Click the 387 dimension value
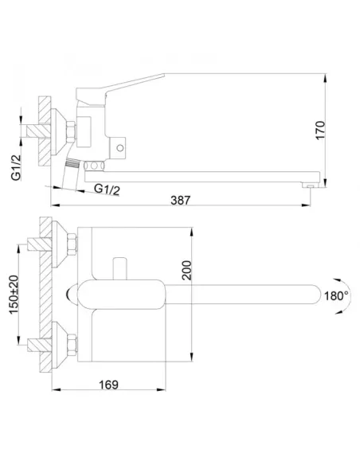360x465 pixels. [180, 200]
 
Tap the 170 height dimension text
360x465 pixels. [320, 130]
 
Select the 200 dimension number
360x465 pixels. [187, 270]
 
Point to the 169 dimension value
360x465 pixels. [108, 385]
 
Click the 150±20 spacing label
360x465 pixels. [14, 295]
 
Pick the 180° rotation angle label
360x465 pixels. [336, 295]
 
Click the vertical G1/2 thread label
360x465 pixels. [16, 167]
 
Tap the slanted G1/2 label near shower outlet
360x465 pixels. [107, 190]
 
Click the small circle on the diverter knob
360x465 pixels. [119, 147]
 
